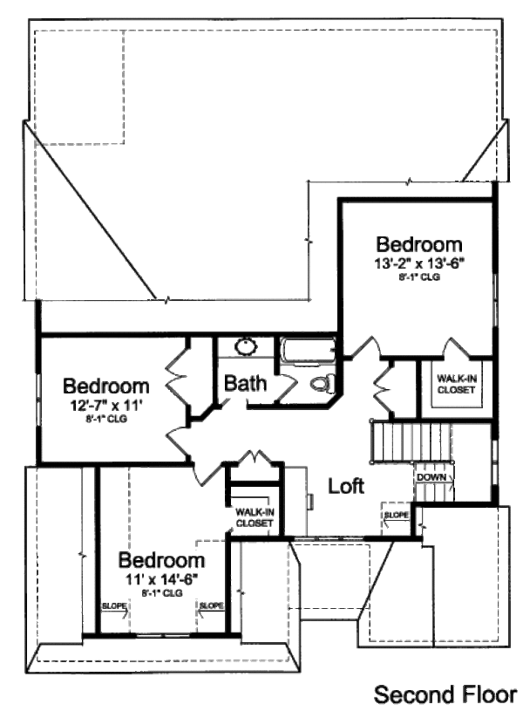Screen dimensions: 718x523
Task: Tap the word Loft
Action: click(x=346, y=486)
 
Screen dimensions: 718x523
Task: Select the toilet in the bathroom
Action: click(x=321, y=382)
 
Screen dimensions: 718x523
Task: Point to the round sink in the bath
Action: click(x=247, y=346)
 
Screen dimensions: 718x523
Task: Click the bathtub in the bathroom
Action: click(x=308, y=352)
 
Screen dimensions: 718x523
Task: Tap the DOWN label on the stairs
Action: click(x=431, y=478)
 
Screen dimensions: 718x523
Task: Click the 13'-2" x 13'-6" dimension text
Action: click(x=418, y=263)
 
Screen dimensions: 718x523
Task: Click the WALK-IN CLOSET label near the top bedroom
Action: click(x=456, y=385)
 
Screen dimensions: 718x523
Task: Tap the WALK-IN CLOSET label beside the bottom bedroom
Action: click(x=254, y=518)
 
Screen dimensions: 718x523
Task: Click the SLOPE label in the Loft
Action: click(x=395, y=516)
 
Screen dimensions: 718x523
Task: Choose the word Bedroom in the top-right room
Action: click(x=418, y=243)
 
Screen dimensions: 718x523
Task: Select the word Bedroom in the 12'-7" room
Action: click(x=106, y=385)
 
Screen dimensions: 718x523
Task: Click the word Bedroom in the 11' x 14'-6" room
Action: click(x=162, y=558)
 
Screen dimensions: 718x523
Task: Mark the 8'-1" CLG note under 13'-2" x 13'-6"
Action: click(x=418, y=277)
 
